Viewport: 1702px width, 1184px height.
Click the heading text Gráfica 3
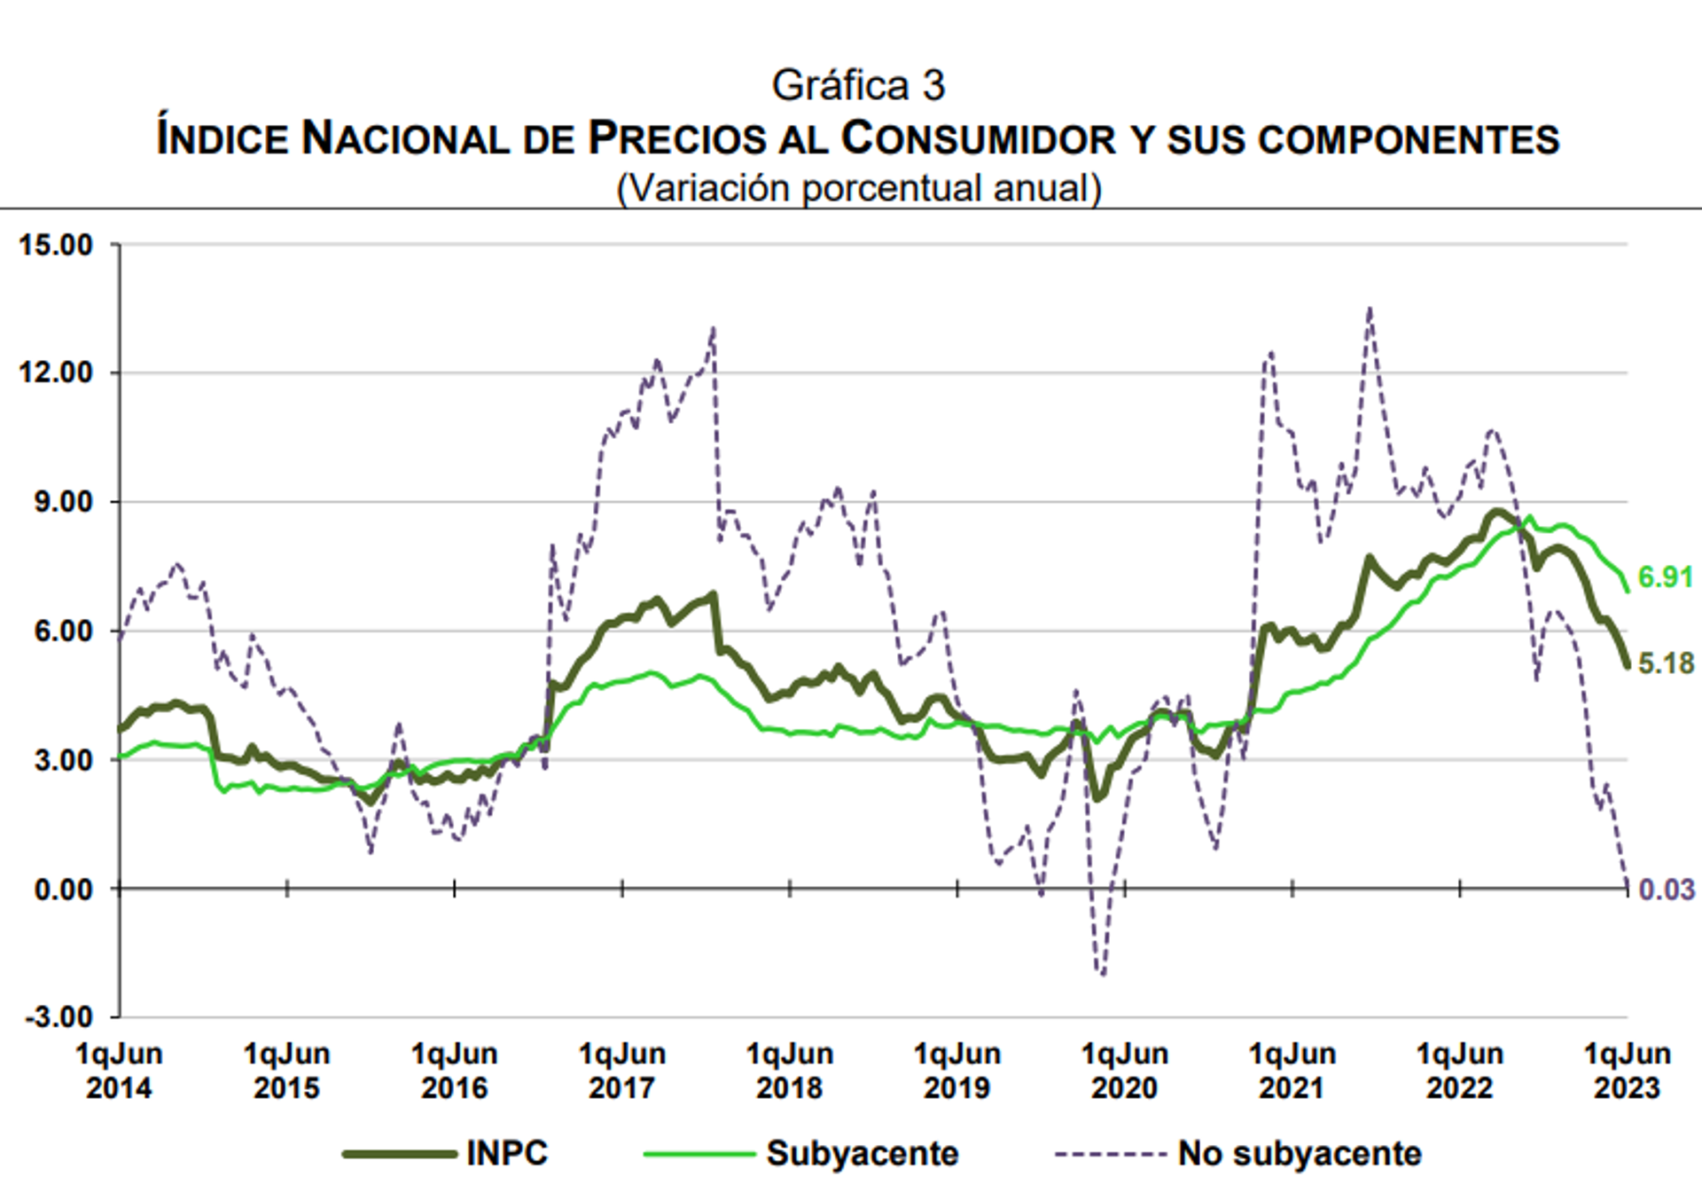pos(858,86)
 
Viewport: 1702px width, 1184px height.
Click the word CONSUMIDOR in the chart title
pos(979,139)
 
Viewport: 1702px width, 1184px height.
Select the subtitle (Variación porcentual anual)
pos(858,188)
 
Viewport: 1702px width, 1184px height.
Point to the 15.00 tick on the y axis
pos(56,245)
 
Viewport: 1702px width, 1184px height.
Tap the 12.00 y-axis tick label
pos(56,372)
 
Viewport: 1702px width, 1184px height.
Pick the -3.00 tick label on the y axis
pos(59,1016)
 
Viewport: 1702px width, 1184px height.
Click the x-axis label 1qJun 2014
pos(119,1070)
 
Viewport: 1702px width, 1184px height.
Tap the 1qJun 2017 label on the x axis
pos(621,1070)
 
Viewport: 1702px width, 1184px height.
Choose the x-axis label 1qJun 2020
pos(1124,1070)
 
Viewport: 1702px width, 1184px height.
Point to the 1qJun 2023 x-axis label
pos(1627,1070)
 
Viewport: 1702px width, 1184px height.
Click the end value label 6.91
pos(1666,577)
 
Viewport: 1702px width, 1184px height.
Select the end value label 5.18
pos(1666,663)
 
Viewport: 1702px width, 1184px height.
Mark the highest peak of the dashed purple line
pos(1370,310)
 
